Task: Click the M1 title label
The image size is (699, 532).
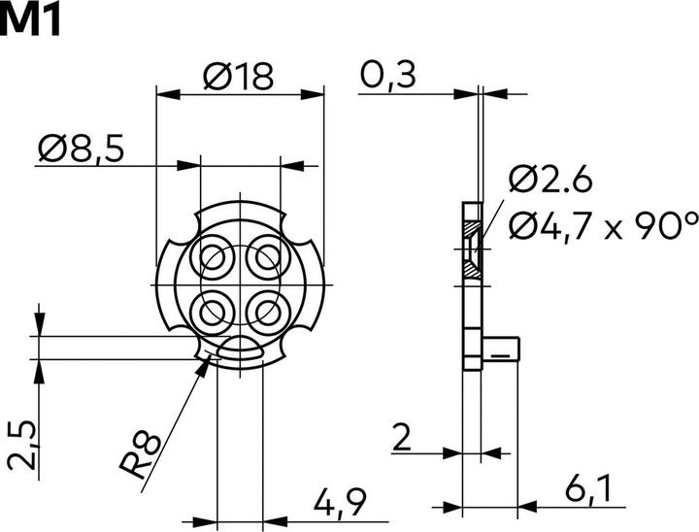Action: [29, 22]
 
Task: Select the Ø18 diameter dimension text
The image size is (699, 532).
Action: [238, 77]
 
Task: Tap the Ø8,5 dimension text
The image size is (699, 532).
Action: [82, 149]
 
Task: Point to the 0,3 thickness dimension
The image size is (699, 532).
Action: [387, 77]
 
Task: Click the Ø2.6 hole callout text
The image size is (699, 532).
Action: [551, 180]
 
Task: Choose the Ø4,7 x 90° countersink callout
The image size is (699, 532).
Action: [604, 227]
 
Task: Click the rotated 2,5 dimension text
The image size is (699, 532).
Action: [22, 445]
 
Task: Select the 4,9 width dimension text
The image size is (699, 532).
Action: [340, 503]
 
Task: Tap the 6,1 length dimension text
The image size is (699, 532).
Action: [587, 489]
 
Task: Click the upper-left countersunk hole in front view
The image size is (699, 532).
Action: [213, 258]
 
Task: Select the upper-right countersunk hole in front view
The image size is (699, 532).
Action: [268, 258]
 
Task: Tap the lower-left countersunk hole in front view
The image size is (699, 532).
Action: [213, 313]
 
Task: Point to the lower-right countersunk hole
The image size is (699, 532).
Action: [268, 313]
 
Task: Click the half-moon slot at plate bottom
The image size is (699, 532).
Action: [241, 349]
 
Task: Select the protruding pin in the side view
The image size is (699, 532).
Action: [501, 349]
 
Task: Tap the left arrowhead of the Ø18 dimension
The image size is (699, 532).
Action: [169, 94]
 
